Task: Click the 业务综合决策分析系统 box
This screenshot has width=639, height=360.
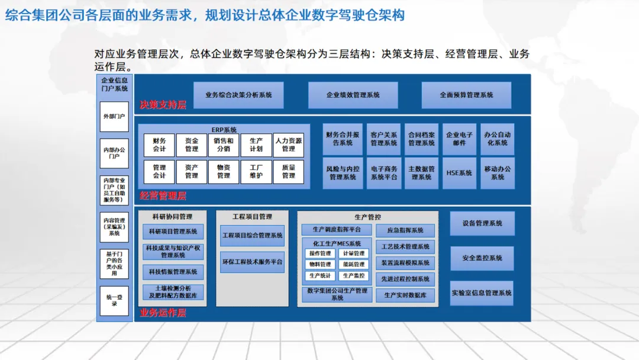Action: coord(238,95)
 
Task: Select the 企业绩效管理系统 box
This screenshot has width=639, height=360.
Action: coord(353,95)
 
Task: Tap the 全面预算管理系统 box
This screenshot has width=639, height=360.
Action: coord(466,95)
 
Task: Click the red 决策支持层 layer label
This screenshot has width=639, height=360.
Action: coord(163,105)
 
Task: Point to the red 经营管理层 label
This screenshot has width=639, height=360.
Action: coord(163,195)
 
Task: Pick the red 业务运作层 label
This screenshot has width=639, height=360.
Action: coord(163,313)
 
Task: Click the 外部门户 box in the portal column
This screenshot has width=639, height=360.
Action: coord(114,117)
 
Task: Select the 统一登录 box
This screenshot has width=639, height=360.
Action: coord(114,301)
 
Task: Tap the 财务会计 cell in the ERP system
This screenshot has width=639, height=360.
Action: coord(159,145)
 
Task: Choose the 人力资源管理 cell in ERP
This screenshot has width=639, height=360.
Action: coord(288,145)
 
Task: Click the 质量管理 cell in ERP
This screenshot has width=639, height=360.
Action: coord(288,172)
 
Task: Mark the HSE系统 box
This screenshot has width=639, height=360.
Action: coord(459,173)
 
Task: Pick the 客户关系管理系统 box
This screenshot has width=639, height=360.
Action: coord(384,139)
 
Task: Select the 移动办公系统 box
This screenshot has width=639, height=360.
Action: coord(498,173)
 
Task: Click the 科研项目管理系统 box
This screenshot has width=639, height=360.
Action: coord(173,232)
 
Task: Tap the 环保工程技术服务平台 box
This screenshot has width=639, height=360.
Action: coord(252,262)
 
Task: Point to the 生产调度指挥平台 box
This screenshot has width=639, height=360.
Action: coord(336,230)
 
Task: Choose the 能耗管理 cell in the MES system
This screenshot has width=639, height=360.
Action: coord(354,265)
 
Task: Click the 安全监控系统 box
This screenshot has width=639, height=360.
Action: coord(482,258)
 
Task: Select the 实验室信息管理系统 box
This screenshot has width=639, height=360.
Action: coord(482,293)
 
